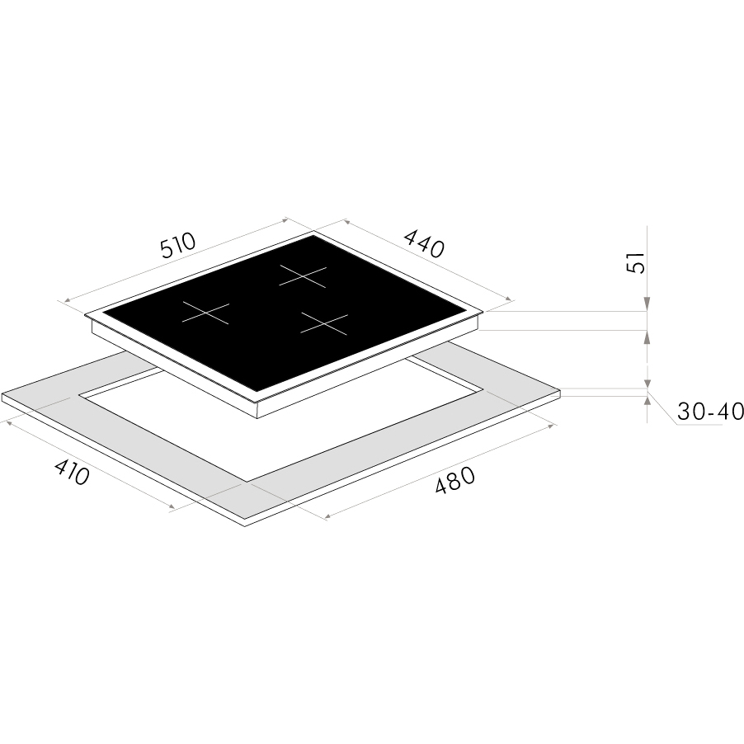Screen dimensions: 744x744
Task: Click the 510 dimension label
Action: point(178,245)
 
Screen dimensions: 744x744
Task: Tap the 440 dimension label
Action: point(424,243)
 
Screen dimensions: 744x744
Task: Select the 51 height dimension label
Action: point(636,262)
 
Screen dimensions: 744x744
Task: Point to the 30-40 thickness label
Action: point(710,412)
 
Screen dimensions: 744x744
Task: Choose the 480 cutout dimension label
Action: point(454,480)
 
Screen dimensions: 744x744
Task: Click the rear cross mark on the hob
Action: point(303,276)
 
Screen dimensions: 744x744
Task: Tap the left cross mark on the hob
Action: point(206,313)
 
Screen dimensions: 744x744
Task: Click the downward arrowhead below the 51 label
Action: point(647,304)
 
